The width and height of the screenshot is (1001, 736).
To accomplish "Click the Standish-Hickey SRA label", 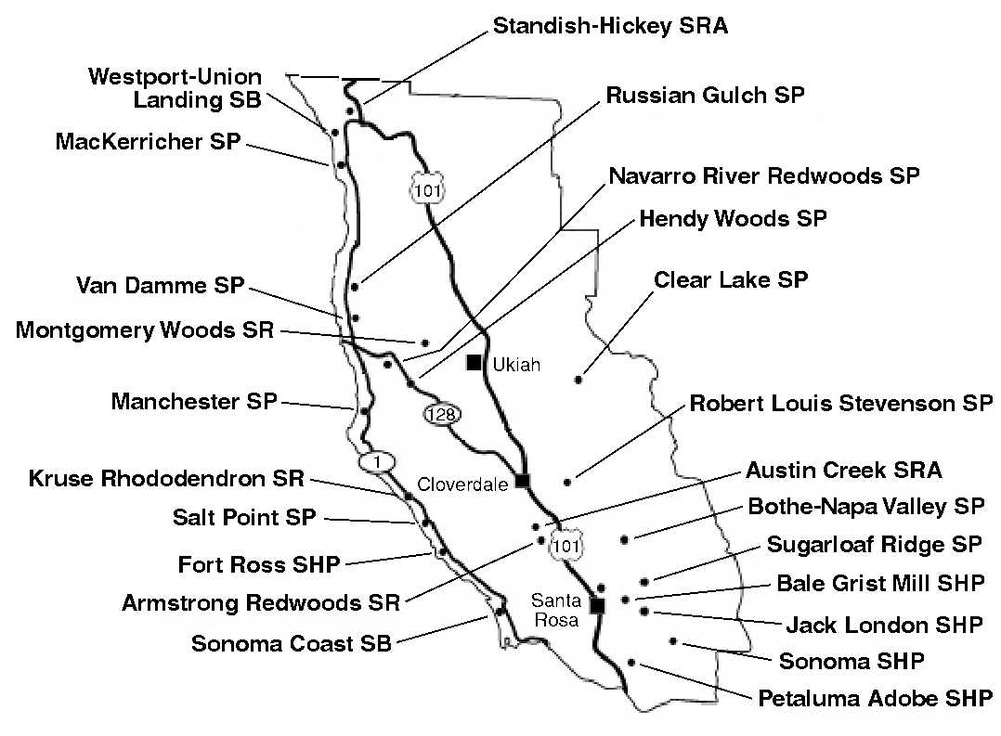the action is pos(610,26).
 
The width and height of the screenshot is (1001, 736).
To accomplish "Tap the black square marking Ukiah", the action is pos(474,363).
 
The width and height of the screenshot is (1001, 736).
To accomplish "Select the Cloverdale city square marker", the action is pos(523,481).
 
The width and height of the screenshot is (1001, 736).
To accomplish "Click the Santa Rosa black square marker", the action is pos(598,605).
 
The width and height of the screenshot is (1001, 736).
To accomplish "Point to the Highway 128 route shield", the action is pos(442,414).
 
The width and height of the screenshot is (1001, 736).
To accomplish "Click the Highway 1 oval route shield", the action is pos(377,461).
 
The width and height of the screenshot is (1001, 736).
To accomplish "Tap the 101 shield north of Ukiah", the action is pos(427,189).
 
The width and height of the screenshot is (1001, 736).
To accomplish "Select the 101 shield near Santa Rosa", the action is pos(566,545).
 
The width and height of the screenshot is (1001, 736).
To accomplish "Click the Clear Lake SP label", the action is pos(731,279).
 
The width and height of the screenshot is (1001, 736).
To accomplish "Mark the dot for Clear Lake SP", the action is pos(578,380).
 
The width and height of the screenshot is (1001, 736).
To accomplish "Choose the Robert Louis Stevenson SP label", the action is pos(841,404).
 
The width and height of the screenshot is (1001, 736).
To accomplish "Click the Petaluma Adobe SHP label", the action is pos(876,698).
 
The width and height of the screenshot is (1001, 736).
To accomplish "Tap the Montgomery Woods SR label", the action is pos(145,330).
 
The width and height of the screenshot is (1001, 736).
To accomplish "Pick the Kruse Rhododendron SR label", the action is pos(166,478).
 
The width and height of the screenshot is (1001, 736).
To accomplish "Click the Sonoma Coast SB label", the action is pos(292,643).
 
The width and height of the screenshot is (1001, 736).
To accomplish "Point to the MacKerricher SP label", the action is pos(149,141).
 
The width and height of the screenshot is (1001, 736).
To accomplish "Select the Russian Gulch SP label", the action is pos(706,95).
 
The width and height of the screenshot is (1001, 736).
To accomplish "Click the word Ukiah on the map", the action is pos(516,365).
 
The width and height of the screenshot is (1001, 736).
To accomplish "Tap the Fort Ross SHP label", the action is pos(258,564).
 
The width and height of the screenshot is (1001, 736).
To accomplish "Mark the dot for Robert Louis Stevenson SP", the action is pos(567,483).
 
